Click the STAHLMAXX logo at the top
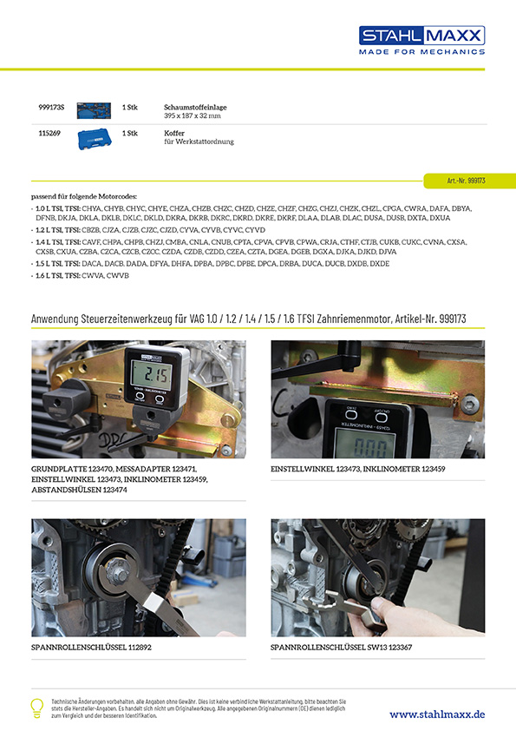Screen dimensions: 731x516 (421, 36)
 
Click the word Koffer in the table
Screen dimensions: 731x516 (175, 133)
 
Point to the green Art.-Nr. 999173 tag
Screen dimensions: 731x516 (468, 181)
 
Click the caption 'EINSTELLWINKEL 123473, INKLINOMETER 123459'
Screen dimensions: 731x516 (358, 470)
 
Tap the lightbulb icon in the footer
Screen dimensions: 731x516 (36, 707)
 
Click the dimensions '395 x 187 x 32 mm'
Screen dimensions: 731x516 (193, 115)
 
